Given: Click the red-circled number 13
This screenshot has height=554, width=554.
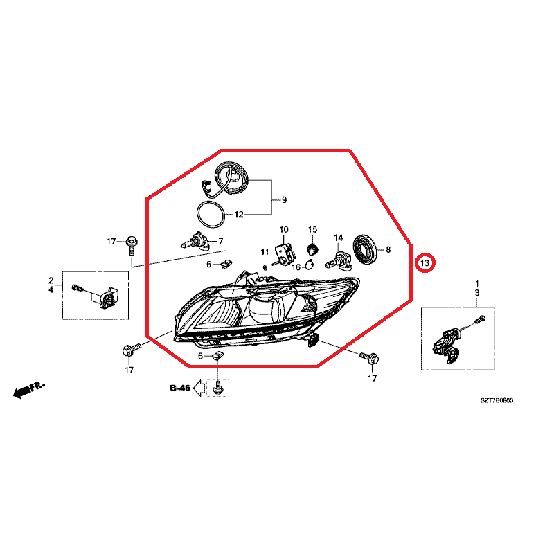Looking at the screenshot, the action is pos(425,263).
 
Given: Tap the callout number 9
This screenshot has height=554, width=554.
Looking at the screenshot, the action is pos(284,200).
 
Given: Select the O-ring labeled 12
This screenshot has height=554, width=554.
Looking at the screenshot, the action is pos(211,214).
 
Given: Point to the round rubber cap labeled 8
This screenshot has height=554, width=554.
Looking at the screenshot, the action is pos(366,249).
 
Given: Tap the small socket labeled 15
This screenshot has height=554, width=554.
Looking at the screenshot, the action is pos(312,248).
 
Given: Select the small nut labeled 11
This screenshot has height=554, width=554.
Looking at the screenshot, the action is pos(265,266).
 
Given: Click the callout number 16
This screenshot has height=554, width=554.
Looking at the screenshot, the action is pos(296,267).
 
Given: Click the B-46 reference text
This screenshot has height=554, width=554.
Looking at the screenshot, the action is pos(180,388).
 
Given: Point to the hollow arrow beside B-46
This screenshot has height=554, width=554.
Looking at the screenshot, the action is pos(199,388).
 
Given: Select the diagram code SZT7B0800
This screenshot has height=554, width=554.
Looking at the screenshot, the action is pos(497,400).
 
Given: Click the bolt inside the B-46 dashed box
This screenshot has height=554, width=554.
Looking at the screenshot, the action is pos(217,388).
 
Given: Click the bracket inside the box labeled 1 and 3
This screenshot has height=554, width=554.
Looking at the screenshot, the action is pos(447,346).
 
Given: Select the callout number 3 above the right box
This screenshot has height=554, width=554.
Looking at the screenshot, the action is pos(477,293).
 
